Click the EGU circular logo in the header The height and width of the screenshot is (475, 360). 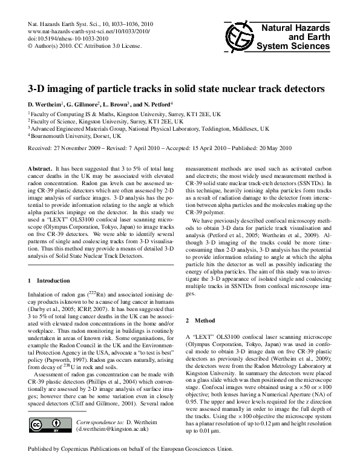[x=240, y=38]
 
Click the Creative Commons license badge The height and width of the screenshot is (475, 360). [x=50, y=425]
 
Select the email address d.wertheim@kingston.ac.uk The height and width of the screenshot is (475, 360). [x=112, y=429]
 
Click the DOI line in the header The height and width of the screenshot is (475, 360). [x=68, y=39]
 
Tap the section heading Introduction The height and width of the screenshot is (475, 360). [x=53, y=281]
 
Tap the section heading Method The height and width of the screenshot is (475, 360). [x=205, y=321]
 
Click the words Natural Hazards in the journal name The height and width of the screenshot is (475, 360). [x=295, y=28]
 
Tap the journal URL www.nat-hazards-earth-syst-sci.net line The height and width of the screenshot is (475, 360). [x=89, y=31]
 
